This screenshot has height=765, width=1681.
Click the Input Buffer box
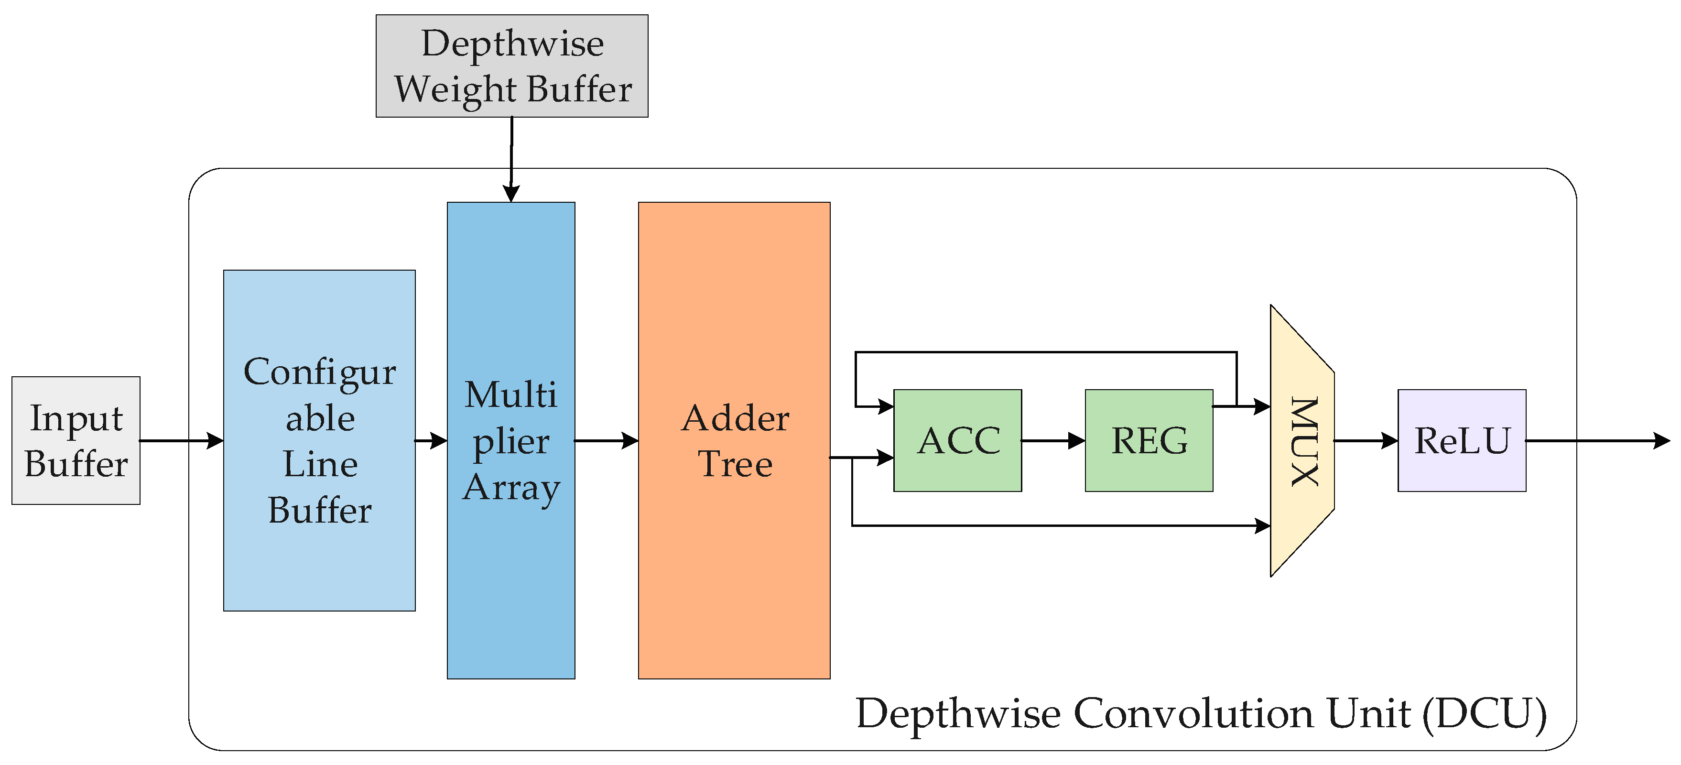pos(76,441)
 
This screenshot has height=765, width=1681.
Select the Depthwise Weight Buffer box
pos(511,66)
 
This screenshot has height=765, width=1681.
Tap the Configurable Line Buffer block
pos(319,441)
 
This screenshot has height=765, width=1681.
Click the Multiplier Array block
pos(511,441)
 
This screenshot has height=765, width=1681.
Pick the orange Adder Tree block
pos(734,441)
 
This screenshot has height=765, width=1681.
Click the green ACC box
pos(957,441)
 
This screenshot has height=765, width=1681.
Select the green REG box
pos(1149,441)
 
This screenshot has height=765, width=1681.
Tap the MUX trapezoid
pos(1302,441)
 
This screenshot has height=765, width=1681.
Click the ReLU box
pos(1462,441)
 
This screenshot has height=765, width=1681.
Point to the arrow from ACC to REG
pos(1053,441)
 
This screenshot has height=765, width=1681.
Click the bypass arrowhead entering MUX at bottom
pos(1262,525)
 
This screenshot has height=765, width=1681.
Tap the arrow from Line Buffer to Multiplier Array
pos(431,441)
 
